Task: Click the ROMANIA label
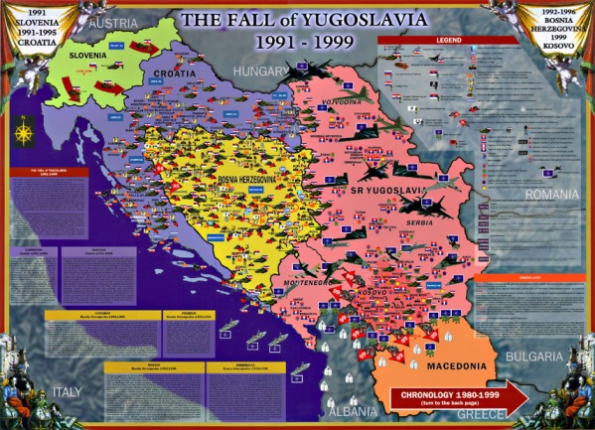pos(557,194)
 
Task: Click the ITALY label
pos(69,390)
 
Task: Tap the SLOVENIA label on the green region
pos(87,57)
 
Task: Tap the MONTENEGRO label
pos(308,282)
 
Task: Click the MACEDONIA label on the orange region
pos(426,365)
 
